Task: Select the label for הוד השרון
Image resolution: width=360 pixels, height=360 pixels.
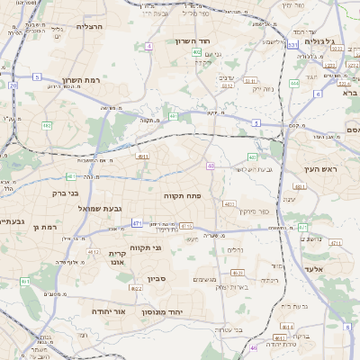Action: pyautogui.click(x=217, y=42)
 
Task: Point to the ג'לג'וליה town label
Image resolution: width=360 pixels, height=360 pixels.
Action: pyautogui.click(x=321, y=41)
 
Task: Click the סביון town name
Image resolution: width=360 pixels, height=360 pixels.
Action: pyautogui.click(x=157, y=279)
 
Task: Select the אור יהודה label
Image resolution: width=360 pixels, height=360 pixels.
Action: pyautogui.click(x=107, y=310)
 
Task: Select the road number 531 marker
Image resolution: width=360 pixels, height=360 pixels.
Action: pyautogui.click(x=294, y=44)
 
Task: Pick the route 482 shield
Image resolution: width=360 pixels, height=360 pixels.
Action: pyautogui.click(x=47, y=126)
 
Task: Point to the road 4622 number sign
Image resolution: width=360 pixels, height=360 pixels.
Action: pyautogui.click(x=238, y=272)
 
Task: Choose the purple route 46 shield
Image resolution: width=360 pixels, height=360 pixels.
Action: pyautogui.click(x=255, y=347)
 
